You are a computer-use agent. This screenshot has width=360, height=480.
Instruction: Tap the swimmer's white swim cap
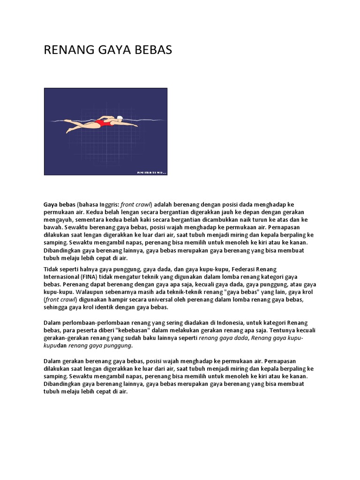(120, 118)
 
